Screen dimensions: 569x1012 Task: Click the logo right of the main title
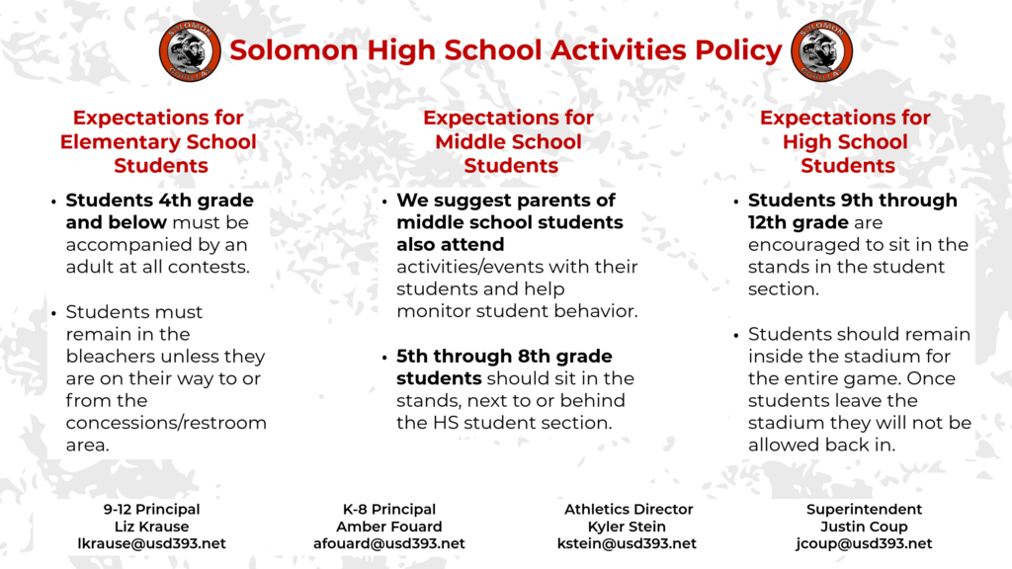click(x=820, y=51)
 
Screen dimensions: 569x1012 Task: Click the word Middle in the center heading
click(x=470, y=141)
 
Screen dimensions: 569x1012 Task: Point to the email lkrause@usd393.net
click(x=151, y=543)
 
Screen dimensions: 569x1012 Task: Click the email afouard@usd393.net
click(x=388, y=543)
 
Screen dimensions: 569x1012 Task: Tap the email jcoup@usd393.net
click(x=865, y=543)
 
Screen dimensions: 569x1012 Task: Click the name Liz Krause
click(x=151, y=527)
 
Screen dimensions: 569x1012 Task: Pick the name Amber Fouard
click(x=388, y=527)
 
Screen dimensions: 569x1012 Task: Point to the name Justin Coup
click(x=865, y=527)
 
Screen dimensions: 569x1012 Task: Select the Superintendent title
click(x=865, y=510)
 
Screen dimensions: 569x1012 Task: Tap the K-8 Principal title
click(x=388, y=510)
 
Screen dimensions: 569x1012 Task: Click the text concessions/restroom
click(x=166, y=423)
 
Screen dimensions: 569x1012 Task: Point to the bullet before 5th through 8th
click(x=384, y=358)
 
